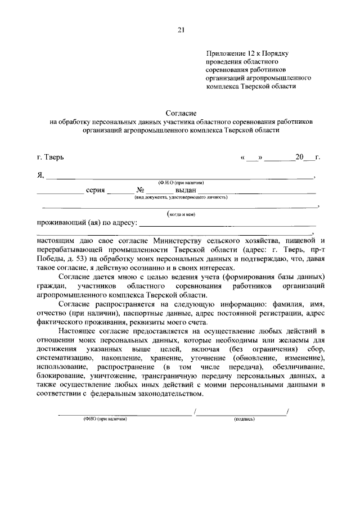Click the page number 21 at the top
[x=181, y=30]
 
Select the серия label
[x=94, y=190]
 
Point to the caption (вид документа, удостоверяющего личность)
[x=180, y=197]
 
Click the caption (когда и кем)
[x=180, y=214]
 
